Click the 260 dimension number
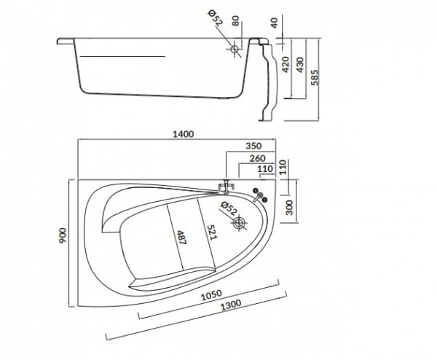256,157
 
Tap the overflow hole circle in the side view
235,50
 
